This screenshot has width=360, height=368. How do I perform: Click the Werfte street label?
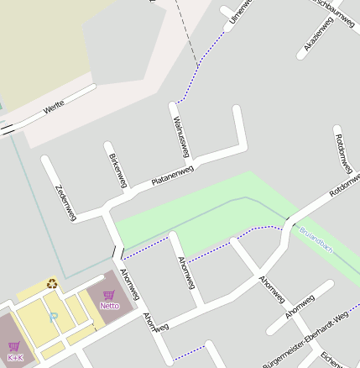pos(55,107)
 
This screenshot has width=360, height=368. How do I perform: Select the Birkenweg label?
pos(117,171)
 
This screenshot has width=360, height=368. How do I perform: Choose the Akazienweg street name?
pos(319,35)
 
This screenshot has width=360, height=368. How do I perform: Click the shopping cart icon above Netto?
pos(109,294)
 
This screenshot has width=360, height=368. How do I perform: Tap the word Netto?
pos(109,305)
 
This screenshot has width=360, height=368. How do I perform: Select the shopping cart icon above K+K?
pos(14,346)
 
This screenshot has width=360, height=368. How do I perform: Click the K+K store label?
pos(14,358)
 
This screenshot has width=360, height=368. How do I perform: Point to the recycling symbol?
pos(52,284)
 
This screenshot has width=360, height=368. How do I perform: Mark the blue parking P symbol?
pos(54,317)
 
